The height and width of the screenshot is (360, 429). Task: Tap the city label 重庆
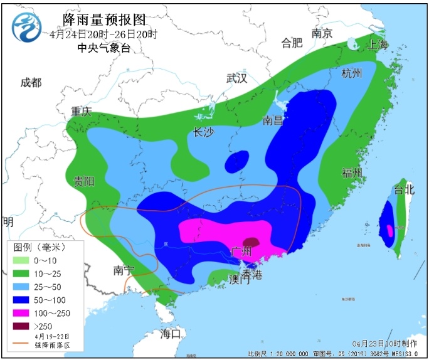pyautogui.click(x=81, y=112)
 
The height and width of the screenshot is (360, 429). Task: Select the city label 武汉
pyautogui.click(x=237, y=78)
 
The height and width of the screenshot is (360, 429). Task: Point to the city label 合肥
pyautogui.click(x=292, y=43)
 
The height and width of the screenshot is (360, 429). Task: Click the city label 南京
pyautogui.click(x=322, y=34)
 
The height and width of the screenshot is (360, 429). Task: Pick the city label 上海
pyautogui.click(x=378, y=45)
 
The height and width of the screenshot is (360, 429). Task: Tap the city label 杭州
pyautogui.click(x=352, y=73)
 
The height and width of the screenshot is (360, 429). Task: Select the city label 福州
pyautogui.click(x=352, y=172)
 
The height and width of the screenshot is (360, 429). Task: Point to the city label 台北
pyautogui.click(x=404, y=189)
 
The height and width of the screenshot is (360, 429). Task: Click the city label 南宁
pyautogui.click(x=124, y=270)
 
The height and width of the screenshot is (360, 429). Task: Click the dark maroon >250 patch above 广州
pyautogui.click(x=251, y=242)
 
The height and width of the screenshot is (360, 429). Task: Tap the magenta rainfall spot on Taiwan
pyautogui.click(x=389, y=230)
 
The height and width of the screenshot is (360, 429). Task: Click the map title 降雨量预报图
pyautogui.click(x=103, y=20)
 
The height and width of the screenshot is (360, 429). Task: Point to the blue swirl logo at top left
pyautogui.click(x=28, y=28)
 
